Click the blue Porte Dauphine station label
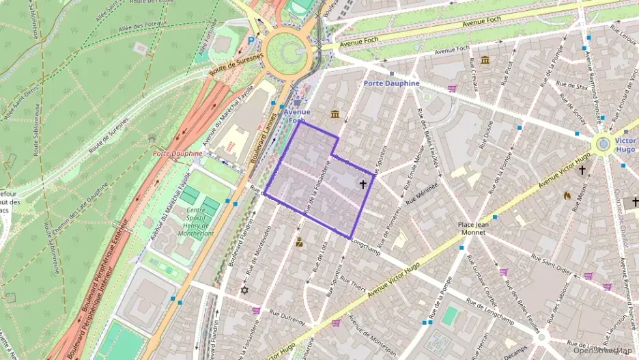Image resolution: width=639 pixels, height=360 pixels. (391, 83)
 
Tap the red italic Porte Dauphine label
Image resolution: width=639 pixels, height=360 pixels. (177, 154)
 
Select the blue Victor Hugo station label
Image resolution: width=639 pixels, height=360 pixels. (625, 144)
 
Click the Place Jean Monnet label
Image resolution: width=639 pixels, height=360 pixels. (471, 228)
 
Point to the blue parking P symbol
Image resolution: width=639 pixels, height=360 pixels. (251, 40)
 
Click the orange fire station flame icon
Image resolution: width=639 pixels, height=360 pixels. (567, 195)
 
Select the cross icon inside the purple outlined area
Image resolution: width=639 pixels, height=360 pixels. (363, 184)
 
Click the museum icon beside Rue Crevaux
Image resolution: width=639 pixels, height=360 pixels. (485, 60)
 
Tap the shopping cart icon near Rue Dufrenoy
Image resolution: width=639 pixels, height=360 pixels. (257, 310)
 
